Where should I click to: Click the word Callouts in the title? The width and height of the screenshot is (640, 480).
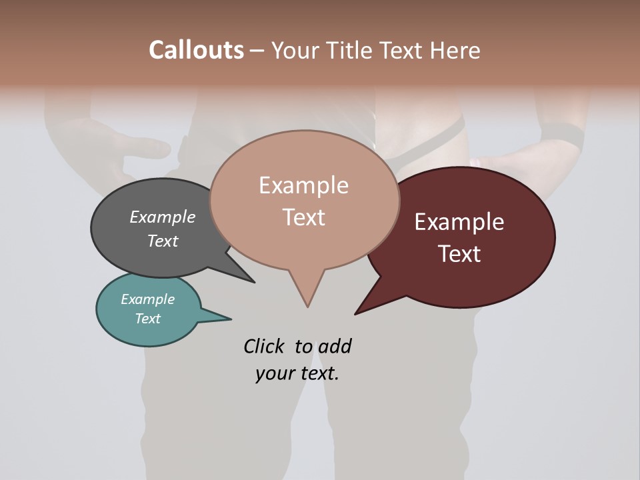tap(196, 50)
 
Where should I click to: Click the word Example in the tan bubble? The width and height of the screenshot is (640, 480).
tap(303, 185)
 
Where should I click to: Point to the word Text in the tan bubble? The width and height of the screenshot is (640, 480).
tap(303, 217)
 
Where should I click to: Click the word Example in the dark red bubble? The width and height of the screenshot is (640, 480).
tap(459, 222)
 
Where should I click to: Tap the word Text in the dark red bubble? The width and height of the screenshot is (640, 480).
tap(459, 254)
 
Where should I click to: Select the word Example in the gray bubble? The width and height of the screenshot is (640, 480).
tap(162, 217)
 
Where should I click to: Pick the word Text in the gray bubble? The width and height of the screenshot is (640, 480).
tap(162, 241)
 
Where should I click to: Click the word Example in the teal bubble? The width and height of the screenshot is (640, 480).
tap(147, 299)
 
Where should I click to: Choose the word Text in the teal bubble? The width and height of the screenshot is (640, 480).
tap(147, 319)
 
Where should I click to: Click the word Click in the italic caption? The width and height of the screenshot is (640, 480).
tap(265, 346)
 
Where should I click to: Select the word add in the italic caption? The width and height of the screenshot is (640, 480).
tap(334, 346)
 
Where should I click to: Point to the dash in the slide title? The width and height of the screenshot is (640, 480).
tap(257, 51)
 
